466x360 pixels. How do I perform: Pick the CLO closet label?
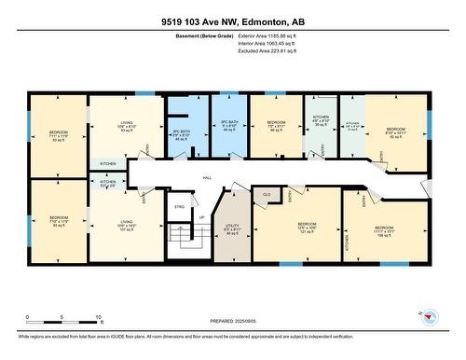coord(267,194)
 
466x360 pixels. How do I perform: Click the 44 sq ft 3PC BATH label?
coord(227,127)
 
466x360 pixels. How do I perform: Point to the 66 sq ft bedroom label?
coord(275,127)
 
